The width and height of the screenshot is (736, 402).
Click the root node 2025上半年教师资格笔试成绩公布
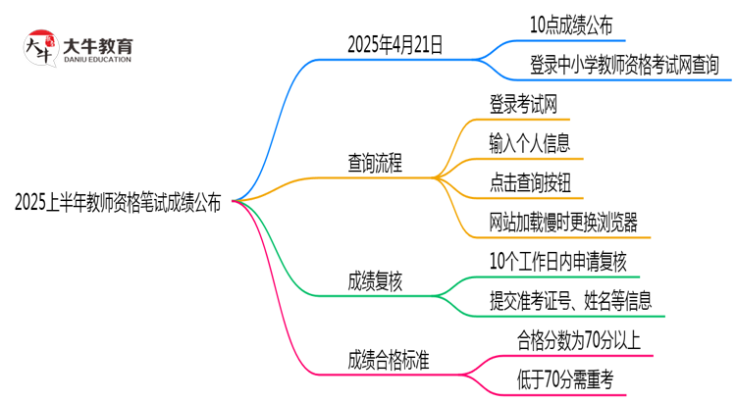pos(118,203)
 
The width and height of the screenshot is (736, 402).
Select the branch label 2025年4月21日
pos(394,43)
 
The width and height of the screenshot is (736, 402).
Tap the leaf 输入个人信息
pos(530,143)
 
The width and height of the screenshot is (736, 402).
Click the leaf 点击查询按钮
pos(530,182)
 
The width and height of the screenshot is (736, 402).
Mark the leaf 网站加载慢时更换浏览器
pos(563,222)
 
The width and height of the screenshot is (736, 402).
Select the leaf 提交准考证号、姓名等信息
pos(570,301)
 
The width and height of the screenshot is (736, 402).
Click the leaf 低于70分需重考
pos(564,379)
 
